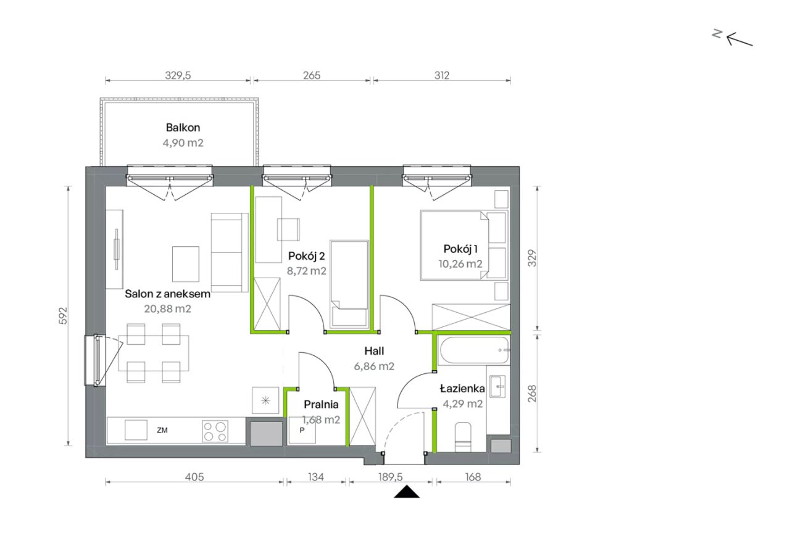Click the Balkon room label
[x=183, y=128]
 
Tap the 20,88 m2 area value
[x=167, y=308]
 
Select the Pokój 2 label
[x=307, y=256]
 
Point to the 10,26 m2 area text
[x=460, y=264]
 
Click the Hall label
[x=374, y=351]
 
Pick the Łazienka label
[x=462, y=389]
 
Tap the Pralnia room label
[x=321, y=404]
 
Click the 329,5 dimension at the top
[x=178, y=75]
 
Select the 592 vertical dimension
[x=63, y=316]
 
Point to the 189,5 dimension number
[x=391, y=477]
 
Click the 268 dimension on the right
[x=532, y=394]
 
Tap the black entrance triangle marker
[x=407, y=492]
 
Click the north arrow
[x=740, y=39]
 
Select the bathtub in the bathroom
[x=473, y=350]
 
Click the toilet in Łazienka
[x=463, y=437]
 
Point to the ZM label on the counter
[x=162, y=430]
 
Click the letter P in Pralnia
[x=302, y=430]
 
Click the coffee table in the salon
[x=186, y=264]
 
